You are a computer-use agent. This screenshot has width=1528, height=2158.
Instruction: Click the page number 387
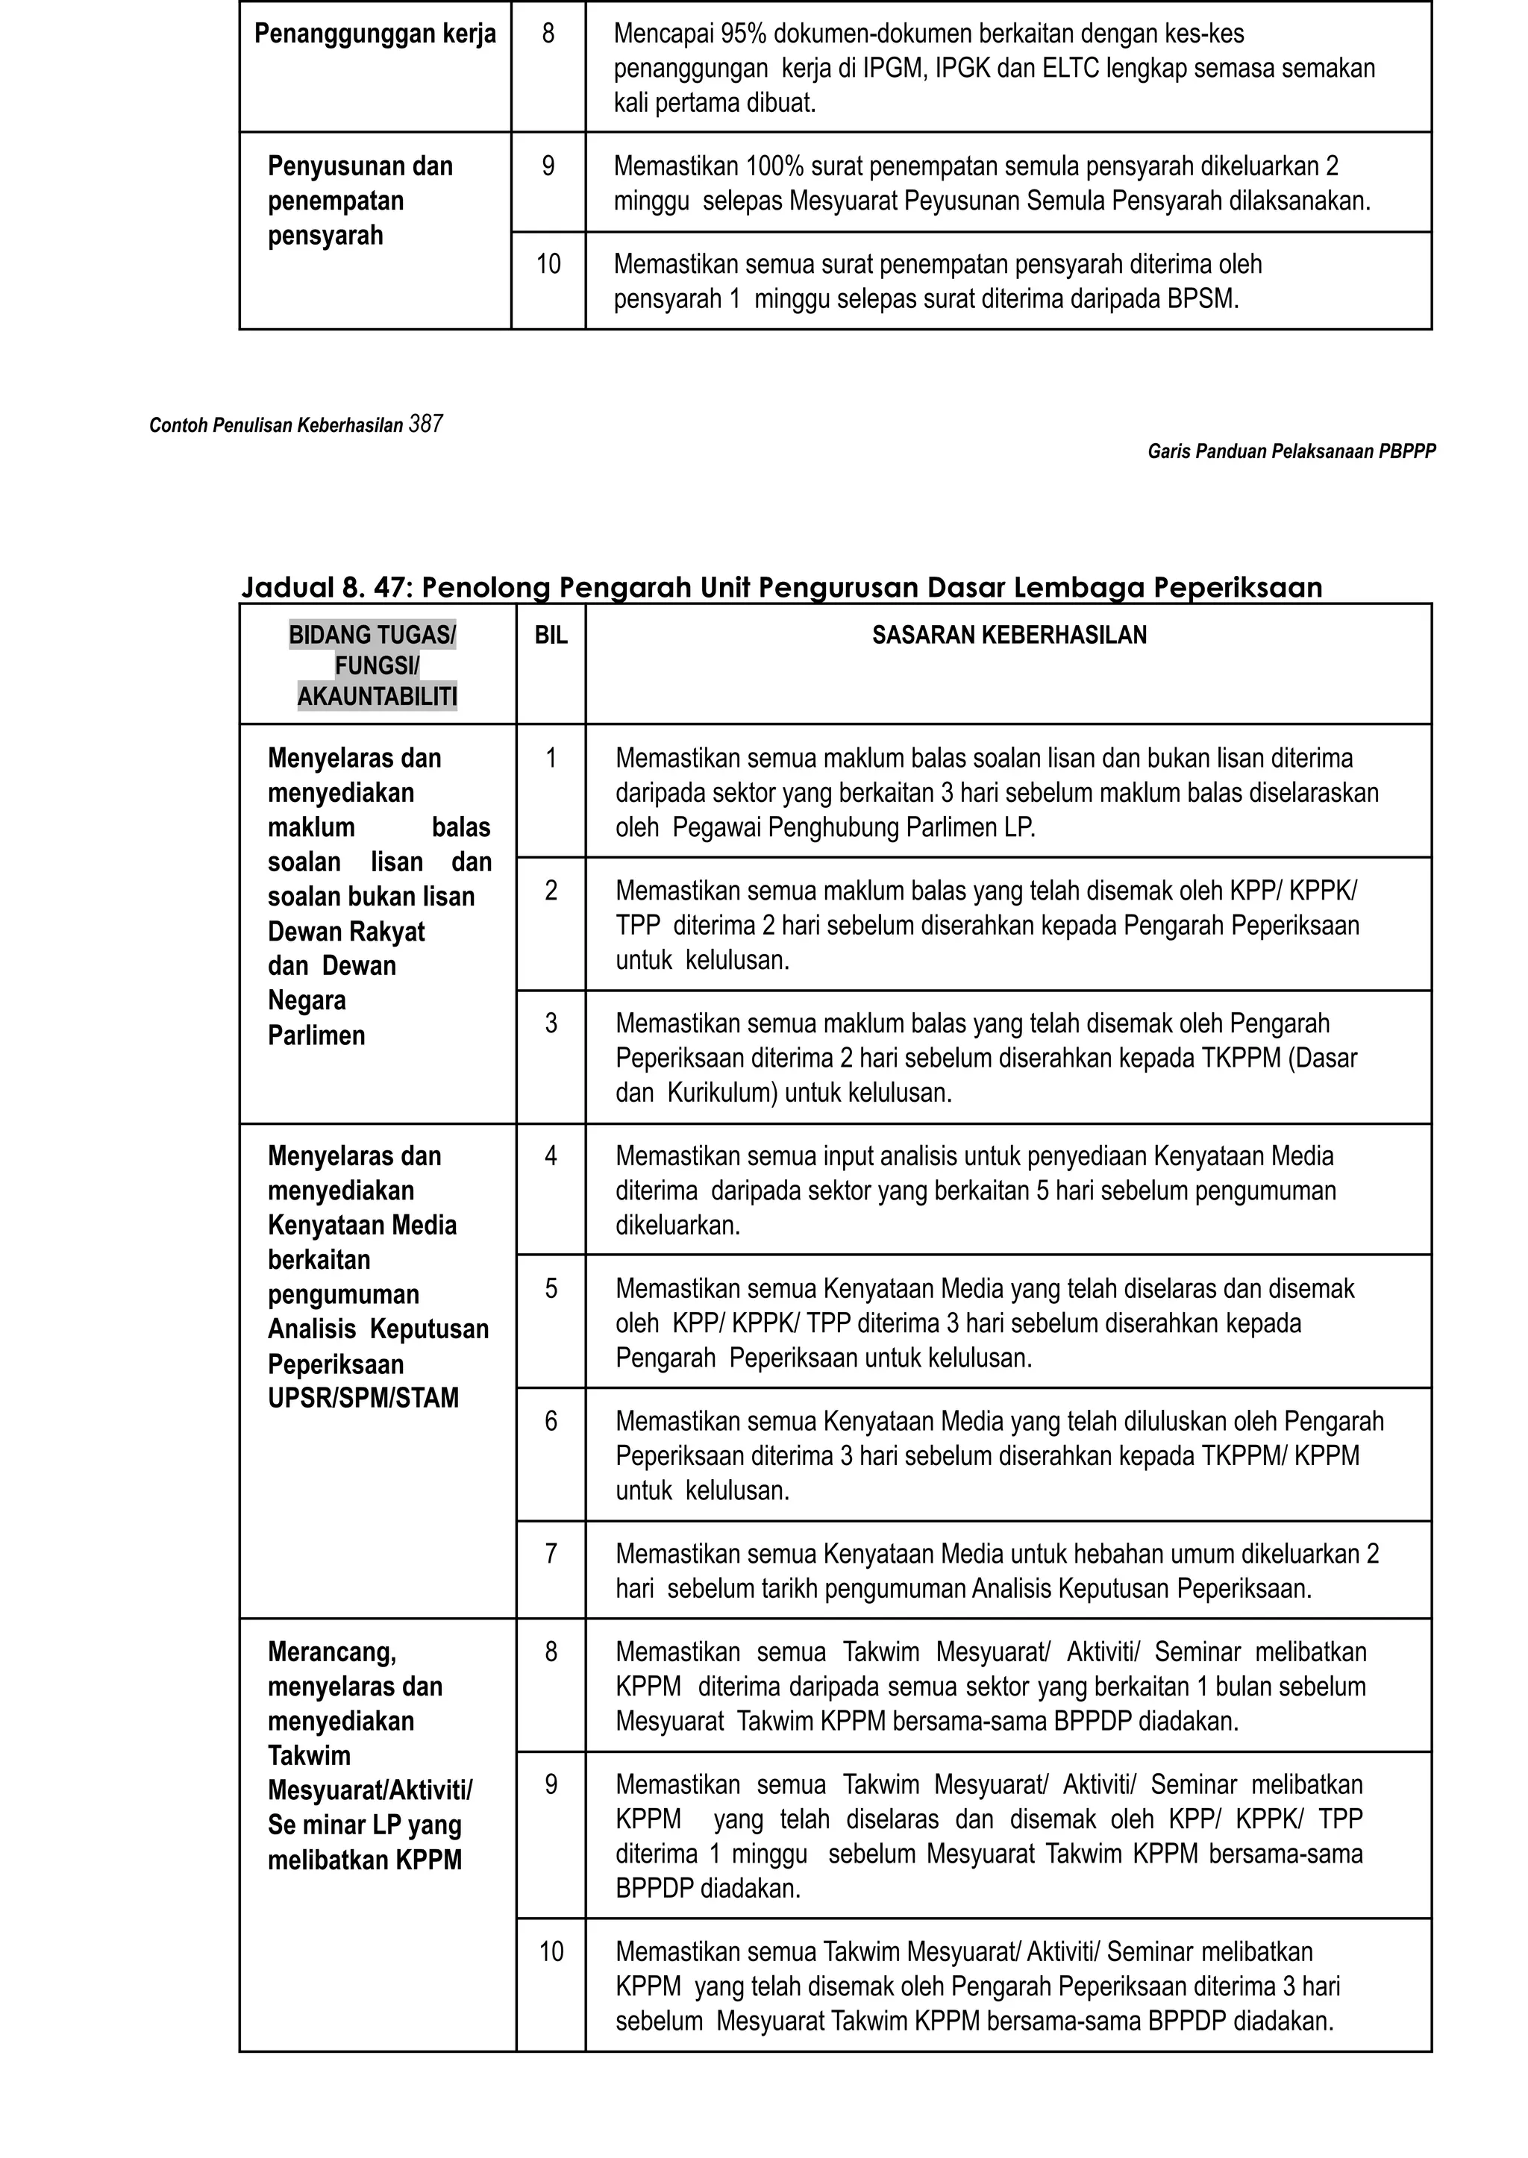click(x=426, y=424)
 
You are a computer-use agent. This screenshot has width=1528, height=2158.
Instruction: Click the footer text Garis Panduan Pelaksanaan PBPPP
click(x=1291, y=451)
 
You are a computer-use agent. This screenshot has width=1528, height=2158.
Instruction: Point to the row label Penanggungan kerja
click(x=375, y=35)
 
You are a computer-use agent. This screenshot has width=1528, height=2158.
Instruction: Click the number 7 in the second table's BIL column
click(x=551, y=1553)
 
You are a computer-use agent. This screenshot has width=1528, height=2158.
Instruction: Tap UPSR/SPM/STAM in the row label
click(x=363, y=1398)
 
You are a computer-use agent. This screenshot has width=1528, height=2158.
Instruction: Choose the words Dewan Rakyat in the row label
click(x=346, y=932)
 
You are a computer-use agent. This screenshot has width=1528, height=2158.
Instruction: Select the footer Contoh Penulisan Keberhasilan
click(x=275, y=426)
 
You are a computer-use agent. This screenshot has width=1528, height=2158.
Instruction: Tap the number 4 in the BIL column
click(x=551, y=1155)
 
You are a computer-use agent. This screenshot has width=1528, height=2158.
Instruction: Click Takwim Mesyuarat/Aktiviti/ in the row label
click(x=370, y=1773)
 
